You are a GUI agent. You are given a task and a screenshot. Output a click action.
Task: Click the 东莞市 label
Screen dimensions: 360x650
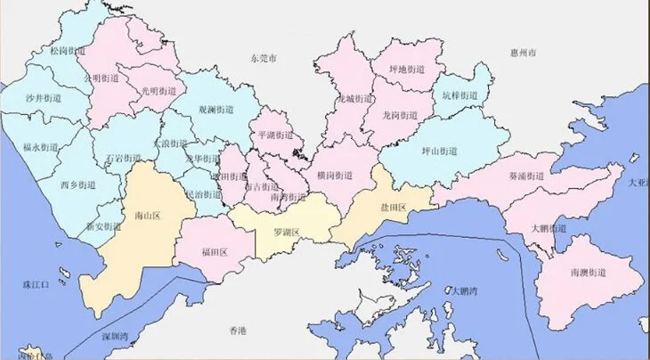tap(264, 58)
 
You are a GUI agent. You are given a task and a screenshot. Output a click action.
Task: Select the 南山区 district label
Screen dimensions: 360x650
tap(145, 215)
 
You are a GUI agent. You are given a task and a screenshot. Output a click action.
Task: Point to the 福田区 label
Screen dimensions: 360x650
tap(215, 252)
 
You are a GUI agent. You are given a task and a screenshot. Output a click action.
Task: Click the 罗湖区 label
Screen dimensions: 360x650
tap(286, 233)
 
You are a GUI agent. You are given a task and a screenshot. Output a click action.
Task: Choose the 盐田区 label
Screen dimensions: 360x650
tap(393, 208)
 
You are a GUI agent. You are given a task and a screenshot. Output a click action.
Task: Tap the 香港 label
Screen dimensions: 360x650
tap(237, 331)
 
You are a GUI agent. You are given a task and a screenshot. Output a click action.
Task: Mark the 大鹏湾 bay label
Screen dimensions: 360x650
tap(464, 290)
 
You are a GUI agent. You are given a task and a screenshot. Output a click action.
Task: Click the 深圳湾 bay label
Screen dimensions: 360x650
tap(115, 337)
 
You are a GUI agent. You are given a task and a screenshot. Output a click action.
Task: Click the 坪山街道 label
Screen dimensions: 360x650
tap(438, 151)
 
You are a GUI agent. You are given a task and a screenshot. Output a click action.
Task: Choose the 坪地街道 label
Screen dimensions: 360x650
tap(407, 69)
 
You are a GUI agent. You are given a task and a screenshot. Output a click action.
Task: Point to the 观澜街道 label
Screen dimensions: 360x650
tap(215, 110)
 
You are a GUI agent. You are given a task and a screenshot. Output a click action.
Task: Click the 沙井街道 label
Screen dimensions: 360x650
tap(43, 97)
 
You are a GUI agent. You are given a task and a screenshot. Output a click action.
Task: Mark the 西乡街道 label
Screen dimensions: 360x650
tap(77, 185)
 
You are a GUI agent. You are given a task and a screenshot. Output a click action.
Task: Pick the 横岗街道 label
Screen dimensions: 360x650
tap(334, 176)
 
